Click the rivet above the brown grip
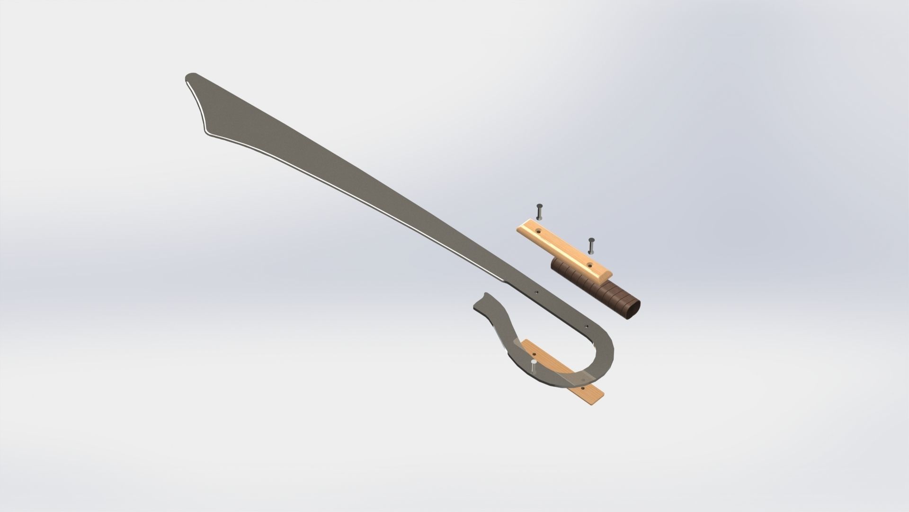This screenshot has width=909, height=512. pyautogui.click(x=590, y=246)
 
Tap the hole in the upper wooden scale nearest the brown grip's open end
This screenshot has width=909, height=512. pyautogui.click(x=589, y=264)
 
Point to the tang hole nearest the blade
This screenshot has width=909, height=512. pyautogui.click(x=536, y=293)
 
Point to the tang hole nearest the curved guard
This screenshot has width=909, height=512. pyautogui.click(x=586, y=327)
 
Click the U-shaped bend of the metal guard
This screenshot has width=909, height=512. pyautogui.click(x=608, y=351)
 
